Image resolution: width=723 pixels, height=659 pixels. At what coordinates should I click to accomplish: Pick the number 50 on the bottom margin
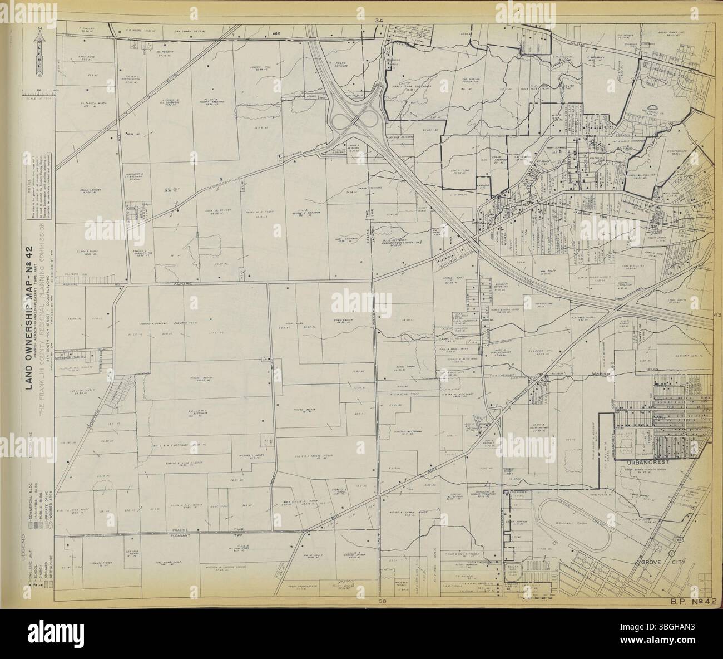pos(382,602)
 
